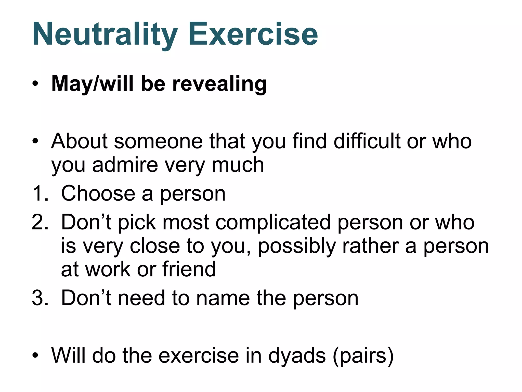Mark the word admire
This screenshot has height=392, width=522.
[x=125, y=165]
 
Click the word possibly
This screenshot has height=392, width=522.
[x=297, y=246]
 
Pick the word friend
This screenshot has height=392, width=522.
[x=189, y=269]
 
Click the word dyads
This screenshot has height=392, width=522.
[x=297, y=356]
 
